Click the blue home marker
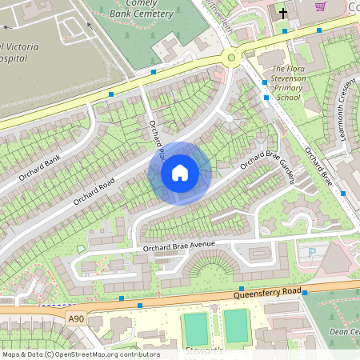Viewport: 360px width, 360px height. tap(180, 173)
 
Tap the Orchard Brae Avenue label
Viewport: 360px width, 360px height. tap(181, 248)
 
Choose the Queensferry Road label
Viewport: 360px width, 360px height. tap(267, 293)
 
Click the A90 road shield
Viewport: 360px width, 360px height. tap(76, 319)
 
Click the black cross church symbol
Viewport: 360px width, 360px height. tap(282, 13)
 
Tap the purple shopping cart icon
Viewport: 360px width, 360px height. tap(320, 6)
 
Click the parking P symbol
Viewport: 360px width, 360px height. tap(312, 253)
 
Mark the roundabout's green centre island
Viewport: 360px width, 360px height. tap(233, 56)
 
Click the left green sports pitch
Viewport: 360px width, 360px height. tap(196, 328)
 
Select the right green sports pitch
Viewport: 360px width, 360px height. tap(237, 326)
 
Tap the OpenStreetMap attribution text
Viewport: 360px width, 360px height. tap(80, 354)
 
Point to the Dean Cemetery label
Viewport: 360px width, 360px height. tap(344, 331)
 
